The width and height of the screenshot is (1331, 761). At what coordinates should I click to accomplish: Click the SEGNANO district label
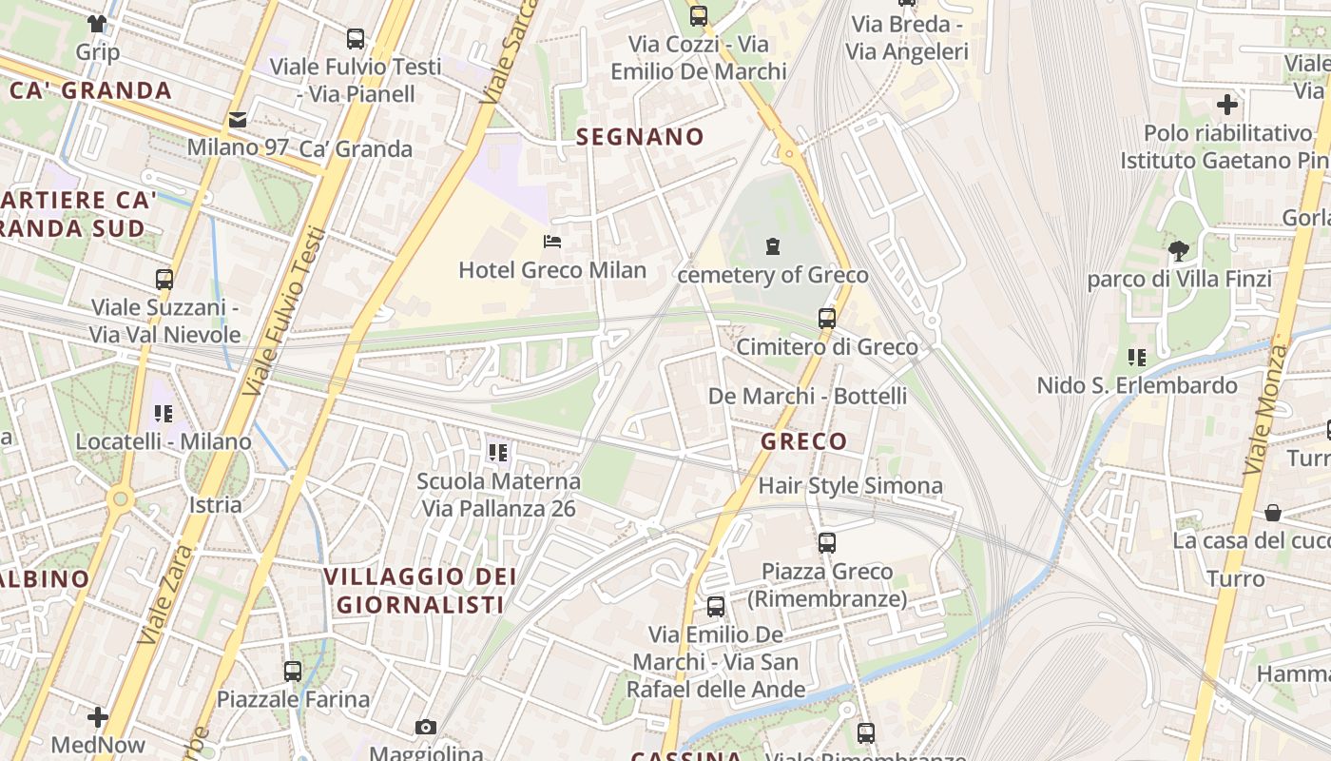[640, 137]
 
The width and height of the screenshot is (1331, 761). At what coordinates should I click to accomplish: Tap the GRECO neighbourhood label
[803, 441]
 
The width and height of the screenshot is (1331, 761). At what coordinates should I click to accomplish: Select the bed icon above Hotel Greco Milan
[551, 242]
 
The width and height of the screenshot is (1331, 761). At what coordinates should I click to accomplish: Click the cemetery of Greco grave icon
[773, 246]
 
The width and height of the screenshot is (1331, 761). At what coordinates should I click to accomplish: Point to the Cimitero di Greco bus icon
[827, 318]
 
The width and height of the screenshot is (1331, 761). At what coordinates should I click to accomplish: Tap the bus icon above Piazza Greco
[827, 543]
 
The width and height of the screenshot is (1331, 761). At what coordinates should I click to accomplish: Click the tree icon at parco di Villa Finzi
[1179, 251]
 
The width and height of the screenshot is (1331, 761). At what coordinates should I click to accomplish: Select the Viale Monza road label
[1265, 409]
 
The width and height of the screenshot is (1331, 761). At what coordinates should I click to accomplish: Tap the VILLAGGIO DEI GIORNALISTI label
[420, 590]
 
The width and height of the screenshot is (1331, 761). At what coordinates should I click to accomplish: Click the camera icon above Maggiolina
[426, 728]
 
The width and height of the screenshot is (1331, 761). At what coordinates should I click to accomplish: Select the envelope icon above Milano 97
[237, 120]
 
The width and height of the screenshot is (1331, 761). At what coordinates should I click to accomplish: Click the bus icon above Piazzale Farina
[293, 671]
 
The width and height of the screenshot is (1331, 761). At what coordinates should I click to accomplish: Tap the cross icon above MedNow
[98, 716]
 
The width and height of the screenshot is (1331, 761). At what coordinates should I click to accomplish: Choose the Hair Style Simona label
[850, 486]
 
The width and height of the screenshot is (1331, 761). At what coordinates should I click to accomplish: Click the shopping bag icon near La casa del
[1273, 513]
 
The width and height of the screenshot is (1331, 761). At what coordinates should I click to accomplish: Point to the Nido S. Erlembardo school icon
[1136, 358]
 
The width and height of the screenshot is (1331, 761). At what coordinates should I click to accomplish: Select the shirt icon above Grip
[97, 23]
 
